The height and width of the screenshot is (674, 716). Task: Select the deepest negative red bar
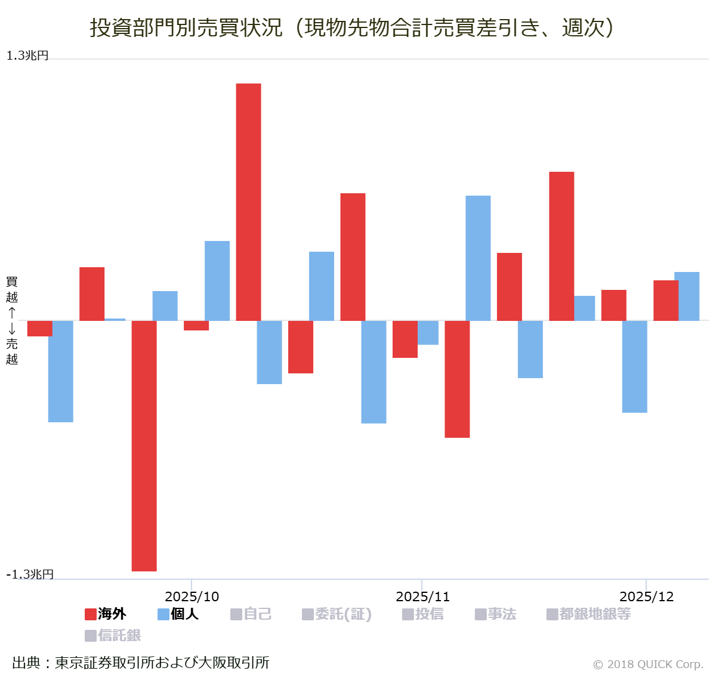tap(144, 446)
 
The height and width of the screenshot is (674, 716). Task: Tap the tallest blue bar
tap(478, 258)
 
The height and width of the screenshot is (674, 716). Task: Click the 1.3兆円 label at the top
tap(27, 55)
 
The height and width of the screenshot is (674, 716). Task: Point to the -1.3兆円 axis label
tap(30, 574)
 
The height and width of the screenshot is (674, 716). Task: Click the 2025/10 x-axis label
tap(192, 596)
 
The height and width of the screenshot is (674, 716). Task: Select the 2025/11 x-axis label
tap(422, 596)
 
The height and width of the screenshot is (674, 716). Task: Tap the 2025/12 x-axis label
tap(646, 596)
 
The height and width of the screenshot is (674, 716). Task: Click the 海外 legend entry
tap(106, 614)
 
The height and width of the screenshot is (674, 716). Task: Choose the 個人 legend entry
tap(178, 614)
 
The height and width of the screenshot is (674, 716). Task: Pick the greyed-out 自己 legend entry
tap(251, 614)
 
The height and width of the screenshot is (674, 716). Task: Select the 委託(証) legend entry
tap(337, 614)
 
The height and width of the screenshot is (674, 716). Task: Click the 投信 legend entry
tap(423, 614)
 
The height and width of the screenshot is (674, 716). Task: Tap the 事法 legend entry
tap(495, 614)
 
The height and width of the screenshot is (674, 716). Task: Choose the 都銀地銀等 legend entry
tap(588, 614)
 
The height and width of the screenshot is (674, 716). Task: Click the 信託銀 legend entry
tap(113, 635)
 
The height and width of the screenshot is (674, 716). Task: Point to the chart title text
tap(352, 27)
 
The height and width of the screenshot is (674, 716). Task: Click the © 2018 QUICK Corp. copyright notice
tap(648, 664)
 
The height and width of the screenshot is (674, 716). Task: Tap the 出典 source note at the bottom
tap(141, 662)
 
